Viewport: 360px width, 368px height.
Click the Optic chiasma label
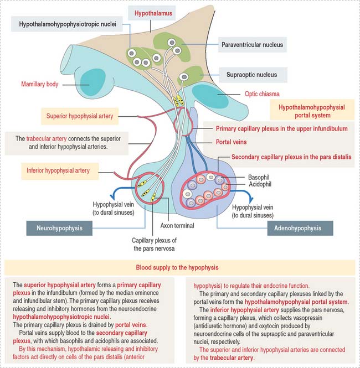click(x=261, y=94)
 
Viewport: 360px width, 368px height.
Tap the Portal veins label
click(x=232, y=142)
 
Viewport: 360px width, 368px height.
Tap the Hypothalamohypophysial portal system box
click(x=311, y=111)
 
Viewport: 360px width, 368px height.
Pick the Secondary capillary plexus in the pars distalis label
click(x=291, y=157)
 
